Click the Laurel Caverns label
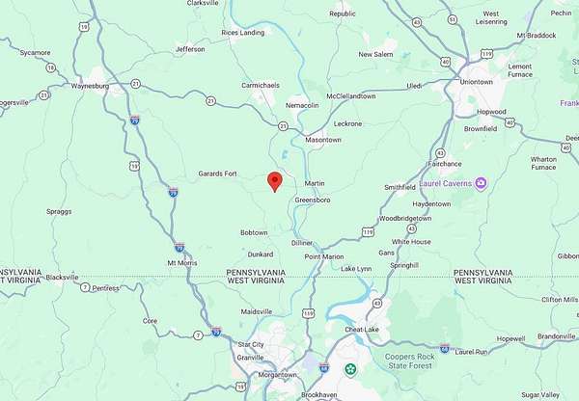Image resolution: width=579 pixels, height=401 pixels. pos(445,183)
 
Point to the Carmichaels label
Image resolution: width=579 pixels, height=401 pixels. pos(260,85)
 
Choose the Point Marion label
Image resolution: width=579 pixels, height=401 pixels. pos(324,256)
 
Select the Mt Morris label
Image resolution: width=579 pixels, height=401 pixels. pos(181,262)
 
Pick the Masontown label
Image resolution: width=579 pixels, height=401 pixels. pos(323,140)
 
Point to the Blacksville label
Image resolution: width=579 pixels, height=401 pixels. pos(62,277)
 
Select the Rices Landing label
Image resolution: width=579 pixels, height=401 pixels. pos(242,32)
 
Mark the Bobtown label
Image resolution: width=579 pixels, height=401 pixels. pos(254,232)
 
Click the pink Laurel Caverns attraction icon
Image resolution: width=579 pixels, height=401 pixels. pos(482,183)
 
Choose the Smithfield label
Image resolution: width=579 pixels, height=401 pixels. pos(400,187)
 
